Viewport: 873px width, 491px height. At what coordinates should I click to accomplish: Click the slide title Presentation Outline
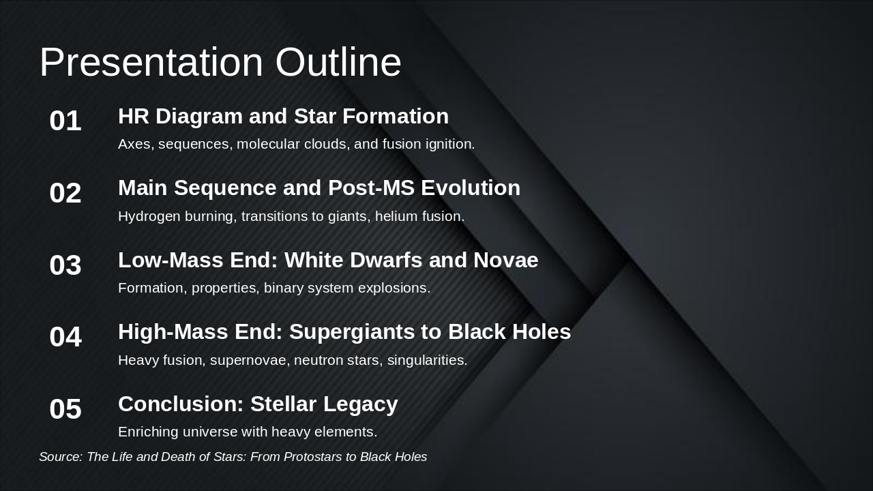(x=220, y=62)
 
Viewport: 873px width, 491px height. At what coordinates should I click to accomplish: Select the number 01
(x=65, y=121)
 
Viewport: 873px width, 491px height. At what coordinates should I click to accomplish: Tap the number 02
(x=65, y=193)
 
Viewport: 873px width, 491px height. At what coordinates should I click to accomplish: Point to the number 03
(x=65, y=265)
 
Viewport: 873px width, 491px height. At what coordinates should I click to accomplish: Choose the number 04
(x=65, y=337)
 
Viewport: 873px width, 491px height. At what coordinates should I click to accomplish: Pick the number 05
(x=65, y=409)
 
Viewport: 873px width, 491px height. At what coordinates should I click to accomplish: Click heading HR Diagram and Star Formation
(x=283, y=116)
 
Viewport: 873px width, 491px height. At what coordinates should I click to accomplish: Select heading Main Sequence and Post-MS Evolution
(x=319, y=188)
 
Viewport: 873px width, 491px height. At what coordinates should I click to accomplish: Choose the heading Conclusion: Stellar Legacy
(x=258, y=404)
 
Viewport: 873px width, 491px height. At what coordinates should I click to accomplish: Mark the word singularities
(x=427, y=360)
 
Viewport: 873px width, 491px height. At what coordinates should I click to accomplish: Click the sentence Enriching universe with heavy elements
(x=248, y=432)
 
